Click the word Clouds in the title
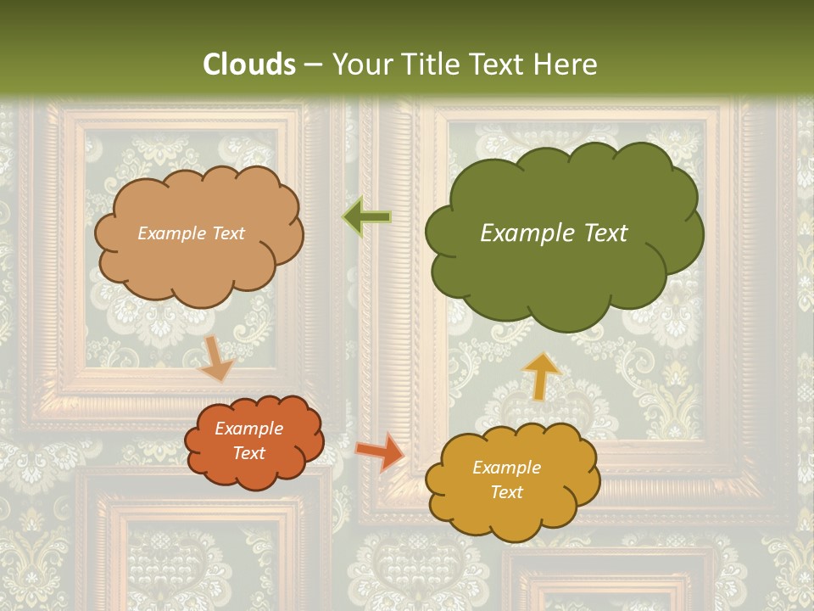(249, 64)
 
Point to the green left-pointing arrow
(367, 217)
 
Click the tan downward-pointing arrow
(217, 358)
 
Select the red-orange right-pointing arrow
(381, 451)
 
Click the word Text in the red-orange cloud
(249, 454)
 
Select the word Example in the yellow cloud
(506, 468)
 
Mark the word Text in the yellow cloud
(506, 492)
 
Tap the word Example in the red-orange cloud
(249, 429)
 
